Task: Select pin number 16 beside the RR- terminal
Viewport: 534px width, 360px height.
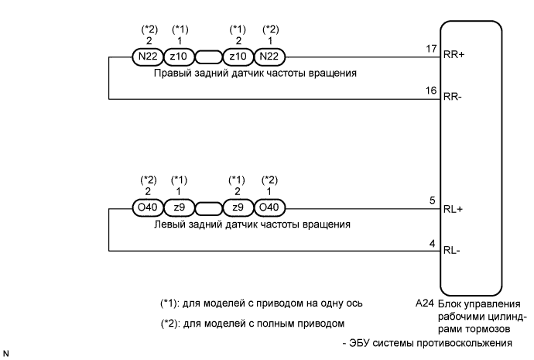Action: [432, 91]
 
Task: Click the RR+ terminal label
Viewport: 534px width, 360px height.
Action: [453, 57]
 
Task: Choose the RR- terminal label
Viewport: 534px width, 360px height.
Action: [452, 99]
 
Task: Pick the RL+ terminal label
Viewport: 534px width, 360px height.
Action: [451, 209]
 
